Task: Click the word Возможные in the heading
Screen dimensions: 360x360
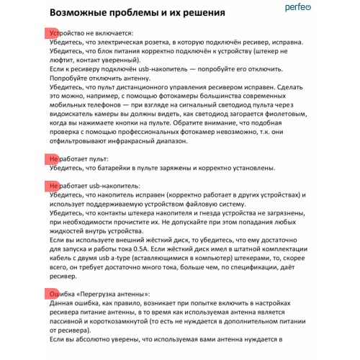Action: pyautogui.click(x=82, y=13)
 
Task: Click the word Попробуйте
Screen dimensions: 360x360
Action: pyautogui.click(x=71, y=78)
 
